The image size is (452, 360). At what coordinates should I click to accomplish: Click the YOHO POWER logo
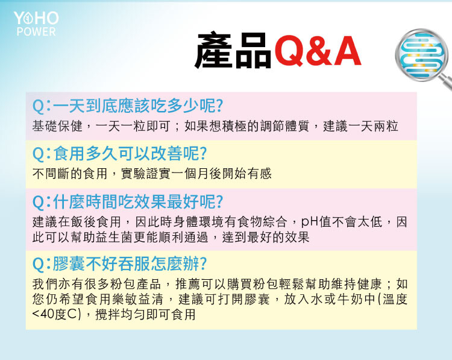pos(36,24)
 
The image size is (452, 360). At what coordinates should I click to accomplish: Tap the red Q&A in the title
pos(318,51)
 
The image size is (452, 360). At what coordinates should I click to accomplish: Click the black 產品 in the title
pos(233,51)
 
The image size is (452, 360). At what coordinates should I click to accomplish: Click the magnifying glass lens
pos(421,54)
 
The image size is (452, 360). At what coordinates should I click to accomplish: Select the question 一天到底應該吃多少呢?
pos(128,106)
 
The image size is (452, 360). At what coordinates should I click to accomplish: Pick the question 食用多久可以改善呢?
pos(120,153)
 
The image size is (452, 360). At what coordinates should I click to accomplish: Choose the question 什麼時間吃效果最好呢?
pos(128,201)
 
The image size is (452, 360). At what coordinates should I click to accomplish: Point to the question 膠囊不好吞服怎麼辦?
pos(120,264)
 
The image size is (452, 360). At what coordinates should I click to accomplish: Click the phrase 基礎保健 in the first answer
pos(57,126)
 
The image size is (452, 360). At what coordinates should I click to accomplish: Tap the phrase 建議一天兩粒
pos(360,126)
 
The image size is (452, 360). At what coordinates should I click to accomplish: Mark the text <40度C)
pos(57,314)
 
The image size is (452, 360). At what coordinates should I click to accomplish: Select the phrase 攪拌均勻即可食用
pos(146,314)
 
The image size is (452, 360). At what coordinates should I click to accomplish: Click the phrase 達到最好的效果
pos(266,238)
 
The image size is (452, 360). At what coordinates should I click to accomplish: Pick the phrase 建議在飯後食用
pos(77,222)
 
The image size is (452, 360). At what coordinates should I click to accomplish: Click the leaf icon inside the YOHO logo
pos(28,19)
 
